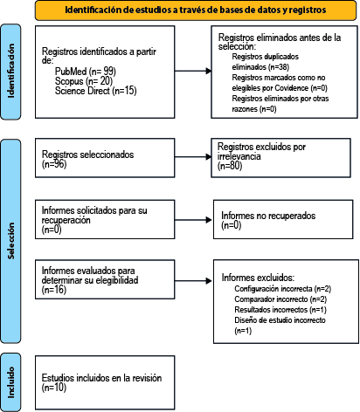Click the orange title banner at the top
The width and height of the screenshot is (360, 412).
click(196, 10)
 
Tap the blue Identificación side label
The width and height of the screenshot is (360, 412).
click(10, 72)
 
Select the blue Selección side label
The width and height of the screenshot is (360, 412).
click(10, 241)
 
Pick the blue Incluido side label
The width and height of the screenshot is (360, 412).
click(10, 382)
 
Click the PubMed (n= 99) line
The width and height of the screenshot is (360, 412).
click(86, 72)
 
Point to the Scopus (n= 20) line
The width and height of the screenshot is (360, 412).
click(84, 81)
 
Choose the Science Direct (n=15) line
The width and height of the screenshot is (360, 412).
click(95, 91)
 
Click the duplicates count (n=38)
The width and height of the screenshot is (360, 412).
click(279, 67)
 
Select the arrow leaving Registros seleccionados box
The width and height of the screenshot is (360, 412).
click(193, 157)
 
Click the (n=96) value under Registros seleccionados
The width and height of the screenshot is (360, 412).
click(54, 164)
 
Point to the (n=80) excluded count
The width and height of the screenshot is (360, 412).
click(230, 166)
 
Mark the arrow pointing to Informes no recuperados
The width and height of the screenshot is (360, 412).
click(193, 220)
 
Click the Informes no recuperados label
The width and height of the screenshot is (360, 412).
click(268, 216)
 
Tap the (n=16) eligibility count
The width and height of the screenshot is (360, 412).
click(54, 290)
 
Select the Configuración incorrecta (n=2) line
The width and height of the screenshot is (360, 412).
click(283, 289)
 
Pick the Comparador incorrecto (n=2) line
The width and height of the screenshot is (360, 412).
click(280, 299)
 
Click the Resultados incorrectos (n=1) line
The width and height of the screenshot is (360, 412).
click(280, 310)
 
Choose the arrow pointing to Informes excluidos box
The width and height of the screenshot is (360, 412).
click(193, 281)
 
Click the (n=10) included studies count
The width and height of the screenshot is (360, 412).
click(54, 388)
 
